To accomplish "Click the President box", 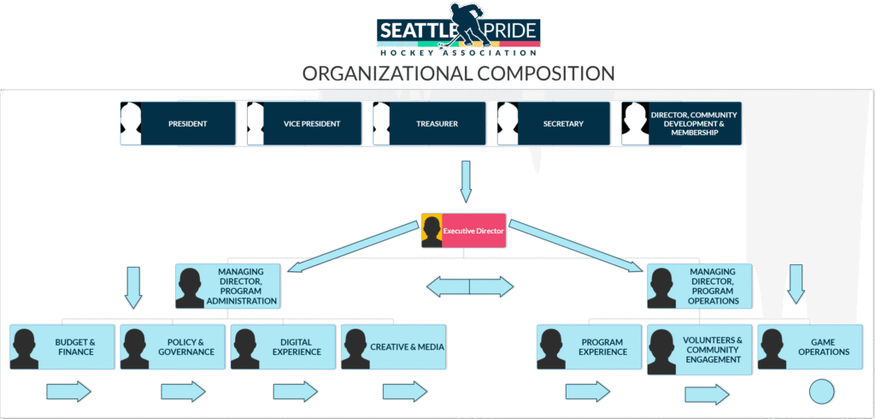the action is pyautogui.click(x=178, y=123).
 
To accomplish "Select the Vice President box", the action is pyautogui.click(x=304, y=123).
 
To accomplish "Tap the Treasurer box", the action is pyautogui.click(x=430, y=123).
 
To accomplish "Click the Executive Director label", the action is pyautogui.click(x=473, y=230).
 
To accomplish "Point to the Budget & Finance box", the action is pyautogui.click(x=62, y=347).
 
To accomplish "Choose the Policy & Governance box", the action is pyautogui.click(x=173, y=347).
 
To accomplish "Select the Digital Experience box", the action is pyautogui.click(x=284, y=347).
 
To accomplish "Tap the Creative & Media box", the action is pyautogui.click(x=393, y=347).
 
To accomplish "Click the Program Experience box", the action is pyautogui.click(x=590, y=347).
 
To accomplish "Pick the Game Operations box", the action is pyautogui.click(x=810, y=347).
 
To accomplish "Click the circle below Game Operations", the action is pyautogui.click(x=821, y=392).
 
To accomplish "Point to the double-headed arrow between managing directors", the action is pyautogui.click(x=469, y=286).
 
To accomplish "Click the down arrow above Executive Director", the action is pyautogui.click(x=466, y=182).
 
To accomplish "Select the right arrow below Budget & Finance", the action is pyautogui.click(x=68, y=392).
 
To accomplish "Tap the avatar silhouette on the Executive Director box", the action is pyautogui.click(x=432, y=231).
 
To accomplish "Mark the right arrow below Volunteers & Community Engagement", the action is pyautogui.click(x=707, y=395).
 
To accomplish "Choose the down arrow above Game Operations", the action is pyautogui.click(x=796, y=285).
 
